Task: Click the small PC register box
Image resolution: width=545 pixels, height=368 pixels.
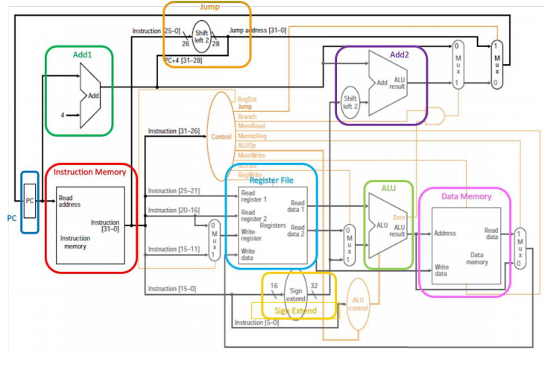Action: (x=30, y=202)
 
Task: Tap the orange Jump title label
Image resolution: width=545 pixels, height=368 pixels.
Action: (x=207, y=7)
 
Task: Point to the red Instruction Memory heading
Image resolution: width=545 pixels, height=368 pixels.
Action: (x=89, y=172)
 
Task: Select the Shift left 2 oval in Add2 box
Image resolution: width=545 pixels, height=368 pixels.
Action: (x=350, y=102)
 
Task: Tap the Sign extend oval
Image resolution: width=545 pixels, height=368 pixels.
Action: (x=296, y=293)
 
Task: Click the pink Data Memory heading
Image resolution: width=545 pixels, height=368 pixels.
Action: (x=466, y=196)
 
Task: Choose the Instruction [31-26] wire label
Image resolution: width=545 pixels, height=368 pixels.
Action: (x=172, y=131)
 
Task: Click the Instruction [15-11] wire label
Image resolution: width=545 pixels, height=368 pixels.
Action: (x=172, y=249)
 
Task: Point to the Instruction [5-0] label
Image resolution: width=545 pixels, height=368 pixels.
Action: (x=256, y=322)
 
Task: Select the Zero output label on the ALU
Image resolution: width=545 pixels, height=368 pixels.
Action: (x=399, y=217)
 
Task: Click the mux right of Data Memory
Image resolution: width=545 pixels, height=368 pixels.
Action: (x=520, y=248)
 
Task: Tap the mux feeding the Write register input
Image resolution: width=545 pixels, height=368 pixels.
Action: (x=214, y=240)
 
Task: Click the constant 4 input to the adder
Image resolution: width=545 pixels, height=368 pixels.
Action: (x=63, y=115)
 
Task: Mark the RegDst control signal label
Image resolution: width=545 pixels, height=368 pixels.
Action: (x=247, y=99)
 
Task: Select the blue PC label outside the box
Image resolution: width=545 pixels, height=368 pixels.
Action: (x=11, y=219)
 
